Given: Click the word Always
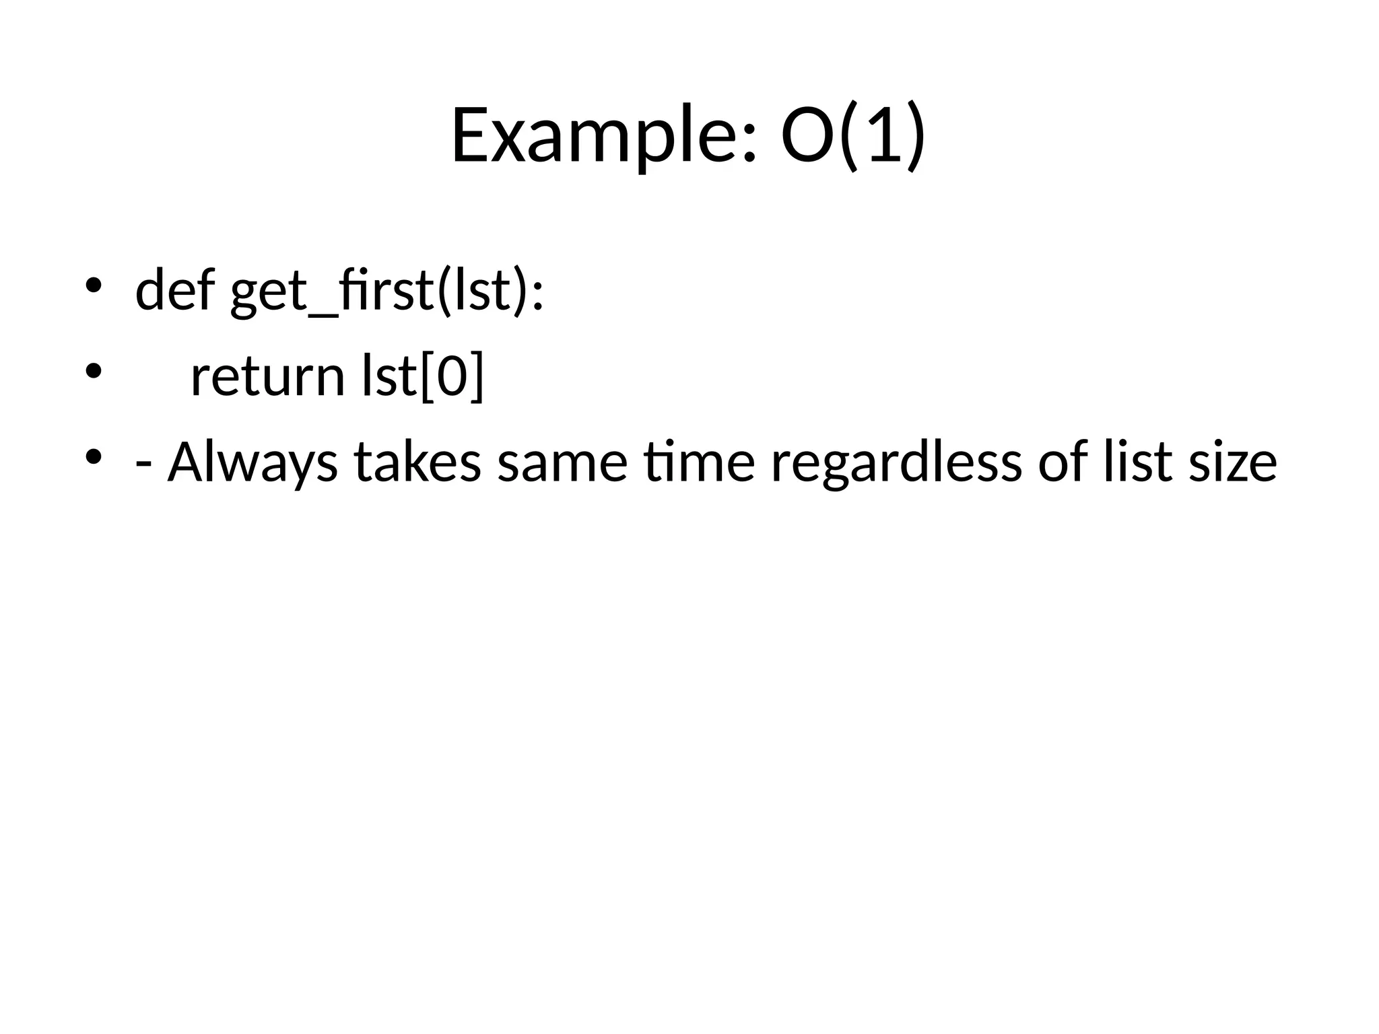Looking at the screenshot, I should pyautogui.click(x=253, y=462).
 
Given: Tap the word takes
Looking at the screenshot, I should pyautogui.click(x=417, y=462).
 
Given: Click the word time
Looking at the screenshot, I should pyautogui.click(x=699, y=462).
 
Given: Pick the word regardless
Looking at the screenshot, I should pyautogui.click(x=896, y=462).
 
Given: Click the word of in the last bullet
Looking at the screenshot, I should pyautogui.click(x=1063, y=462).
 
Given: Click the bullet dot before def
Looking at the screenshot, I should pyautogui.click(x=93, y=285).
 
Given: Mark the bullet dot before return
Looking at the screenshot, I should pyautogui.click(x=93, y=372).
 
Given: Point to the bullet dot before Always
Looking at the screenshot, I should pyautogui.click(x=93, y=458).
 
